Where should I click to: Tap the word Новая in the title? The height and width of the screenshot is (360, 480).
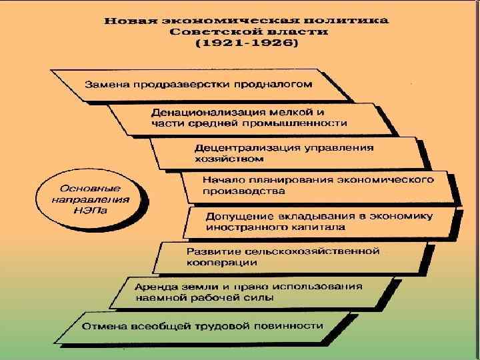128,20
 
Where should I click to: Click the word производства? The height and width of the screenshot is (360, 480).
237,191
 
